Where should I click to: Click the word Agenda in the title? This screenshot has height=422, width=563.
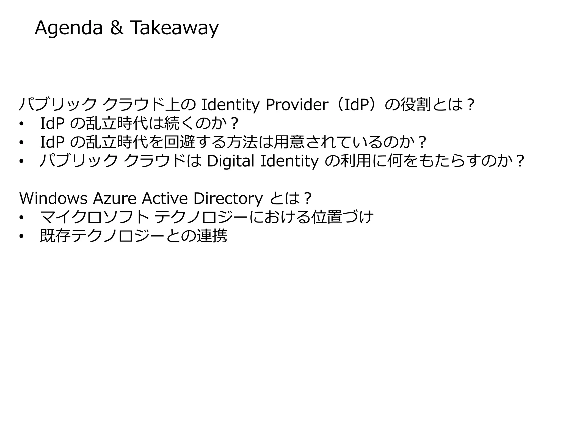[68, 28]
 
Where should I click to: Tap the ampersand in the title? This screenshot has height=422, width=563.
[117, 28]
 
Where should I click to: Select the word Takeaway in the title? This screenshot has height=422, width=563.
[174, 28]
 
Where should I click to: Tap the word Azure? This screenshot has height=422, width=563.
[114, 198]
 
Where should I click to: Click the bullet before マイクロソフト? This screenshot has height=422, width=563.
[22, 218]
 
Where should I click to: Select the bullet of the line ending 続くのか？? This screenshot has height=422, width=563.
[22, 124]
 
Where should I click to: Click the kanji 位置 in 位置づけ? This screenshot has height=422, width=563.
[327, 217]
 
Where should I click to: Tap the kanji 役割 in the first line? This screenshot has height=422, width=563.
[415, 105]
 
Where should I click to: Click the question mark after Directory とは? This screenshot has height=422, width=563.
[308, 198]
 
